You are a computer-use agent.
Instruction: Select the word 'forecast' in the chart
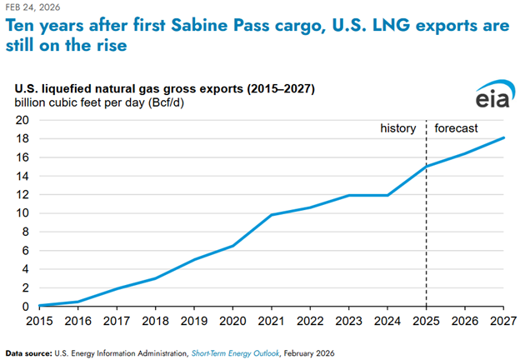click(457, 128)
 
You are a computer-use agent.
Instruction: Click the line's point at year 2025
click(427, 167)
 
